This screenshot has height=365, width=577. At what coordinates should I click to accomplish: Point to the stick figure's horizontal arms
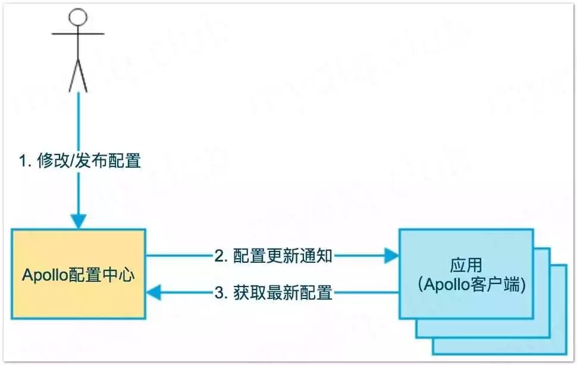tap(78, 34)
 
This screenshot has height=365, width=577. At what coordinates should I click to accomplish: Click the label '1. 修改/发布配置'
tap(79, 161)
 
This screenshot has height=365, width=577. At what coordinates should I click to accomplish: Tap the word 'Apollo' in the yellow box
tap(45, 275)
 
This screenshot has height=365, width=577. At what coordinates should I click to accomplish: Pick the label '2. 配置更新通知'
tap(273, 256)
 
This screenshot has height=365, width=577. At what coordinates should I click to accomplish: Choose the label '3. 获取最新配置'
tap(273, 292)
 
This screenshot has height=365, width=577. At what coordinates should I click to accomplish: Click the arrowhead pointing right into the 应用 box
tap(391, 256)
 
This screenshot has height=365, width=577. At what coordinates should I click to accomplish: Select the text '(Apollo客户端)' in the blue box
tap(466, 284)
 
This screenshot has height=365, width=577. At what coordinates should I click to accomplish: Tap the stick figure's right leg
tap(83, 76)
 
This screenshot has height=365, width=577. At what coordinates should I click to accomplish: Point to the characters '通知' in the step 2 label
tap(319, 256)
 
